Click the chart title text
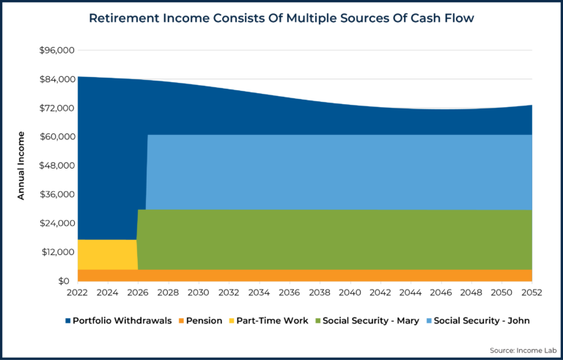[281, 18]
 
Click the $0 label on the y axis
[64, 281]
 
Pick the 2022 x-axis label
[78, 293]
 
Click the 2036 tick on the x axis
[290, 293]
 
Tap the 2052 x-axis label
[531, 293]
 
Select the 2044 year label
[411, 293]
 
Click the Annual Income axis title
[21, 166]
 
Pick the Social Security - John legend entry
[480, 320]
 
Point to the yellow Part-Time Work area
[107, 254]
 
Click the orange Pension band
[293, 275]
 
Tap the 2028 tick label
[169, 293]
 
